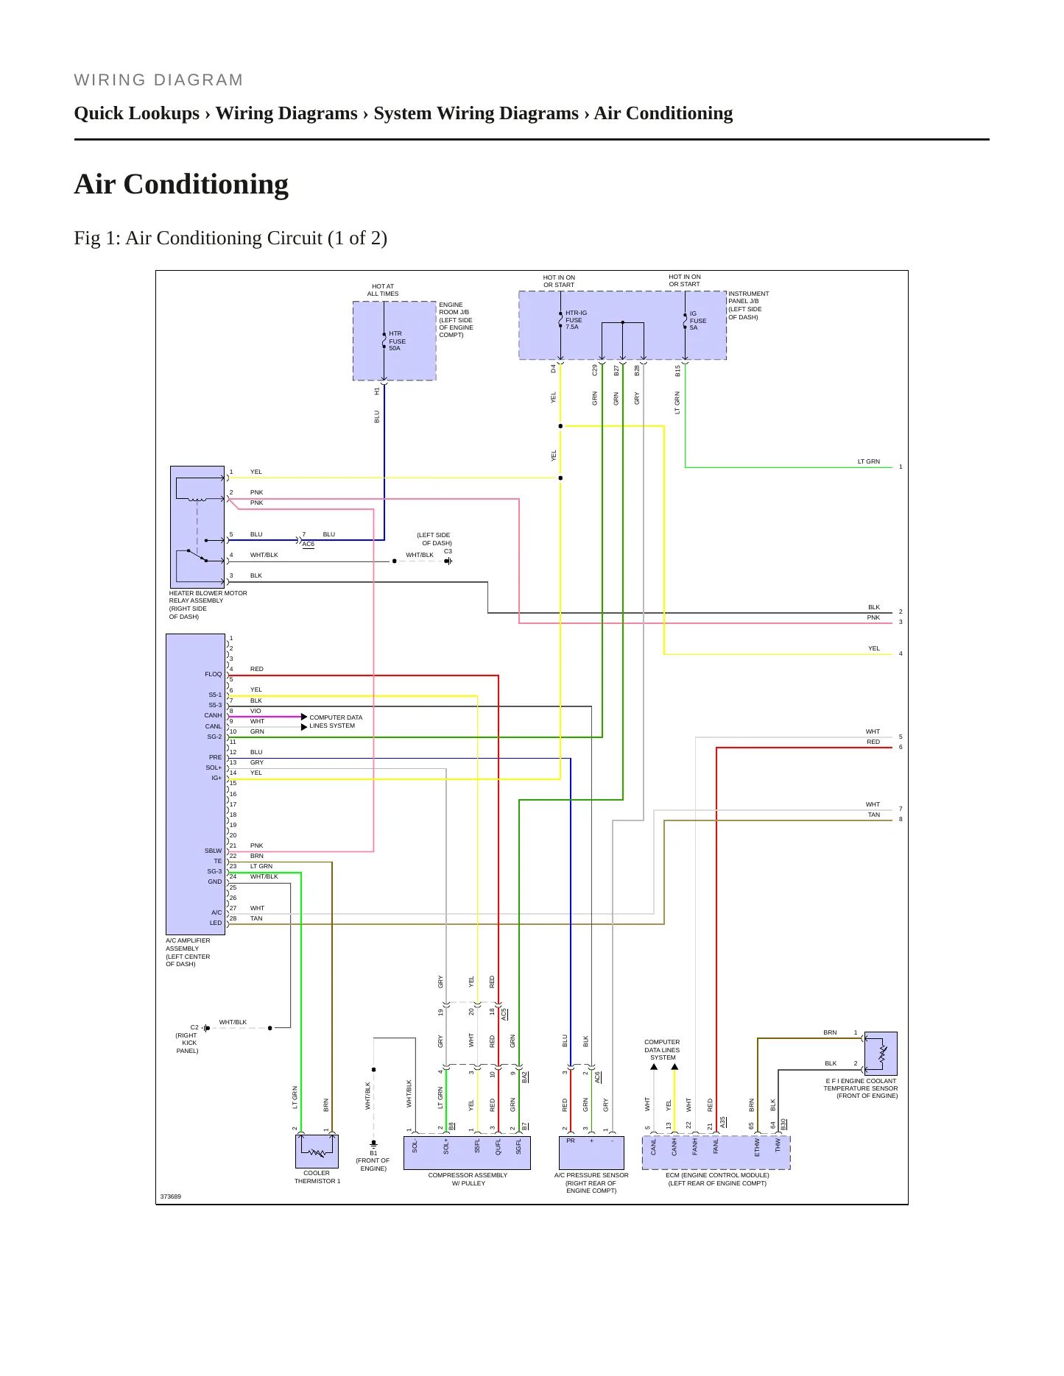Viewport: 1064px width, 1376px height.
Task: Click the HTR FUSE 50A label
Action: point(397,341)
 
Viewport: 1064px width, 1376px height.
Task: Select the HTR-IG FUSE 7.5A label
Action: point(576,320)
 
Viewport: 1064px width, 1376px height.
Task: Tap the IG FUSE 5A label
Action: point(698,321)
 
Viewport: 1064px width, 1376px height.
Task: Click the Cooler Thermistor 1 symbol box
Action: point(317,1151)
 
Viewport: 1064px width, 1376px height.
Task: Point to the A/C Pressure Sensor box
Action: point(591,1153)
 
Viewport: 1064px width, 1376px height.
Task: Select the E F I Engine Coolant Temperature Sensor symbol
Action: point(881,1053)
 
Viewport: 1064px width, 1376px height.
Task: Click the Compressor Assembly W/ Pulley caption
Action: point(468,1179)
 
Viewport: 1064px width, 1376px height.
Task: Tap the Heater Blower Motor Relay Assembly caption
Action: point(208,605)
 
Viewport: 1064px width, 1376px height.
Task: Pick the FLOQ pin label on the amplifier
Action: point(213,674)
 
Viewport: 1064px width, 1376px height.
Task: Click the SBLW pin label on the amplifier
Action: point(213,851)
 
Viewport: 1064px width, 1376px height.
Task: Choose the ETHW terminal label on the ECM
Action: point(757,1147)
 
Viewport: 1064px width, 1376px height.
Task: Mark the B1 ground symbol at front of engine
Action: point(373,1143)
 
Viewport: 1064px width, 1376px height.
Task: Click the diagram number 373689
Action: point(171,1196)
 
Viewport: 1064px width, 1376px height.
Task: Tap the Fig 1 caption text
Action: point(230,238)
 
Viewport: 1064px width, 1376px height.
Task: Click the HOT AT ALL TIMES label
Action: point(383,290)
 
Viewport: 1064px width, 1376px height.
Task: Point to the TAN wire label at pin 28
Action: point(256,918)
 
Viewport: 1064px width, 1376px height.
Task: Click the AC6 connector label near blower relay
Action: point(309,544)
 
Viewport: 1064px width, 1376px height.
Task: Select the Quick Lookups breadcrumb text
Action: point(137,113)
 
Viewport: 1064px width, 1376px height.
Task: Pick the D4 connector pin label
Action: point(554,369)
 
